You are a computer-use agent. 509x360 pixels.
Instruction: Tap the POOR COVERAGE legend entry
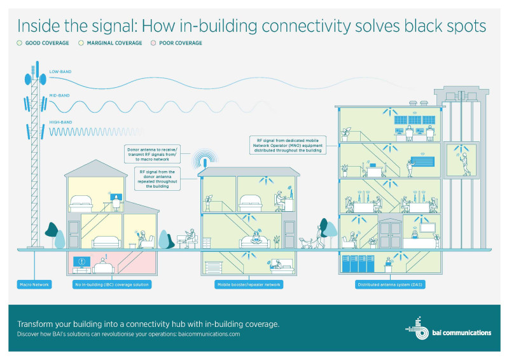tap(176, 43)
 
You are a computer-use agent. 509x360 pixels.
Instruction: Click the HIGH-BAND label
tap(60, 122)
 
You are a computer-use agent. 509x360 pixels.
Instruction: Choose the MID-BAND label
tap(60, 96)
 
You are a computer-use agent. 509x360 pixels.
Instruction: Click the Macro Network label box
tap(32, 284)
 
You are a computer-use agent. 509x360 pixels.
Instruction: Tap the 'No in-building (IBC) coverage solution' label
tap(111, 284)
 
